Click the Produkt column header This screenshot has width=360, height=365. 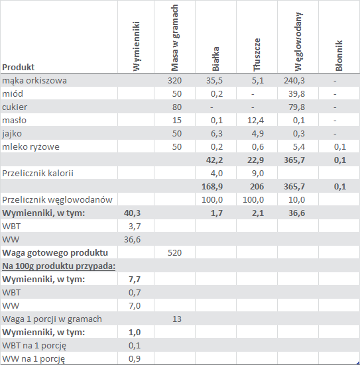click(18, 68)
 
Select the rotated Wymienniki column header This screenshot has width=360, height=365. click(137, 46)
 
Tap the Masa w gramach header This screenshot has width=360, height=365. click(174, 38)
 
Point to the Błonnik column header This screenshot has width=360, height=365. click(339, 56)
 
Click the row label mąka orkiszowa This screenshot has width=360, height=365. click(34, 81)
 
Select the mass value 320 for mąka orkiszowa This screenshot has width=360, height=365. click(174, 81)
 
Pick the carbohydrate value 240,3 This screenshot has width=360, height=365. click(294, 81)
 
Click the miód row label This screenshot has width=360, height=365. click(13, 94)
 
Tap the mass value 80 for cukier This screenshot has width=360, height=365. click(177, 107)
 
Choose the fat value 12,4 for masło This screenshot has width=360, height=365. click(255, 121)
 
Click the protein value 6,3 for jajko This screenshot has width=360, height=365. click(217, 134)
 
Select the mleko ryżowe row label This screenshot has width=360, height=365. click(30, 147)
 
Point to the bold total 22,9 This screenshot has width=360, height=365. click(255, 160)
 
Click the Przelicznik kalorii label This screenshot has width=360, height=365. click(38, 174)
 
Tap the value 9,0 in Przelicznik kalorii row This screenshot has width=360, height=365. click(258, 174)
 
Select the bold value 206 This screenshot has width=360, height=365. click(257, 187)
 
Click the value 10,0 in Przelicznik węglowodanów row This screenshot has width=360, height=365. click(296, 200)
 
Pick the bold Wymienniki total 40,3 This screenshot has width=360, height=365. click(132, 213)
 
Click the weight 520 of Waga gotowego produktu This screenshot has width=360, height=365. click(174, 253)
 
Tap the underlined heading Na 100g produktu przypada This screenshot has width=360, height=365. click(59, 266)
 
